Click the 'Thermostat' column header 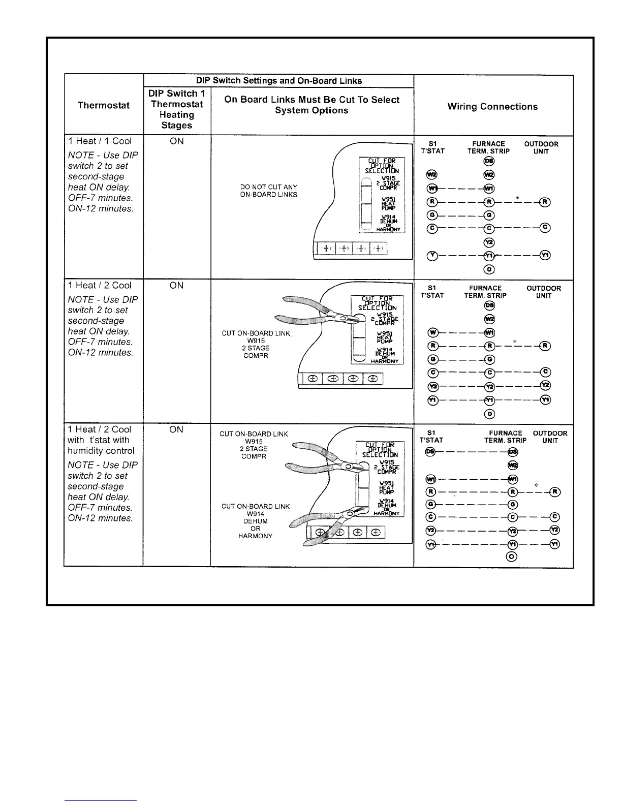(x=103, y=105)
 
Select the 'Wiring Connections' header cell (x=492, y=107)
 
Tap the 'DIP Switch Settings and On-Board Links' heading (x=279, y=81)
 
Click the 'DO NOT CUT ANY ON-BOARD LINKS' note (x=268, y=191)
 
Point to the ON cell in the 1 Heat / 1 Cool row (x=177, y=141)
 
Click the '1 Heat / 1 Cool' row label (x=100, y=141)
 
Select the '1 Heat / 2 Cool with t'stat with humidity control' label (x=101, y=440)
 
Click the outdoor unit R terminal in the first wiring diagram (x=545, y=202)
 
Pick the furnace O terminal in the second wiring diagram (x=489, y=414)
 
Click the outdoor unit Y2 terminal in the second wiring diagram (x=545, y=386)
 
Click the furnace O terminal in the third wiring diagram (x=512, y=556)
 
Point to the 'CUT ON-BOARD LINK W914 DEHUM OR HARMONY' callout (x=256, y=521)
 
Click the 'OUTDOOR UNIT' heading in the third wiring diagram (x=550, y=437)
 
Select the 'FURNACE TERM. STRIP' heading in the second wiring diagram (x=485, y=292)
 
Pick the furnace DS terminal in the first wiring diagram (x=489, y=162)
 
